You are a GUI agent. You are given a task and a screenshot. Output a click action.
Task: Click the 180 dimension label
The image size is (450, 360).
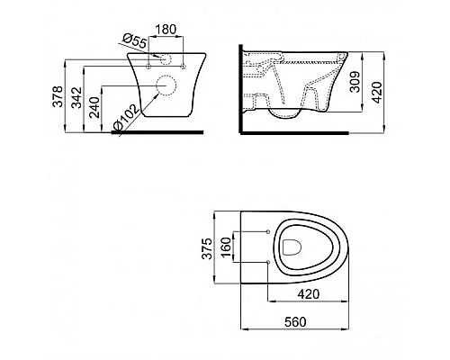point(166,30)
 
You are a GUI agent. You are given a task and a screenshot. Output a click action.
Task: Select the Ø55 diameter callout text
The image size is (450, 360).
point(135,40)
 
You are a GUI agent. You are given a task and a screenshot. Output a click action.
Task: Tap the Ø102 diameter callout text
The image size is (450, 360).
point(125,117)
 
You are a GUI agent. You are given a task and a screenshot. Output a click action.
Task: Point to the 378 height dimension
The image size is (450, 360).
point(58,96)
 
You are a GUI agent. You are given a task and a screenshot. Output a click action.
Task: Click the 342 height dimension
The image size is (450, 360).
point(76,97)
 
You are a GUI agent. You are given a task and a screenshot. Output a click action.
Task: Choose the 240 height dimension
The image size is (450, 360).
point(94,107)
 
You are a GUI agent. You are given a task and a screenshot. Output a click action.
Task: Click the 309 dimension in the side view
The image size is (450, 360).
point(355,82)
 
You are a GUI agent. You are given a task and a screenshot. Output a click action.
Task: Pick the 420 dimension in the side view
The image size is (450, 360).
point(377,92)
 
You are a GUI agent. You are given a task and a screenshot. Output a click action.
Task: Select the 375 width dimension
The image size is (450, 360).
point(207,248)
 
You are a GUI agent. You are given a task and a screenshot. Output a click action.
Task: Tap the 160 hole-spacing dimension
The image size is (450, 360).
point(226,247)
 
